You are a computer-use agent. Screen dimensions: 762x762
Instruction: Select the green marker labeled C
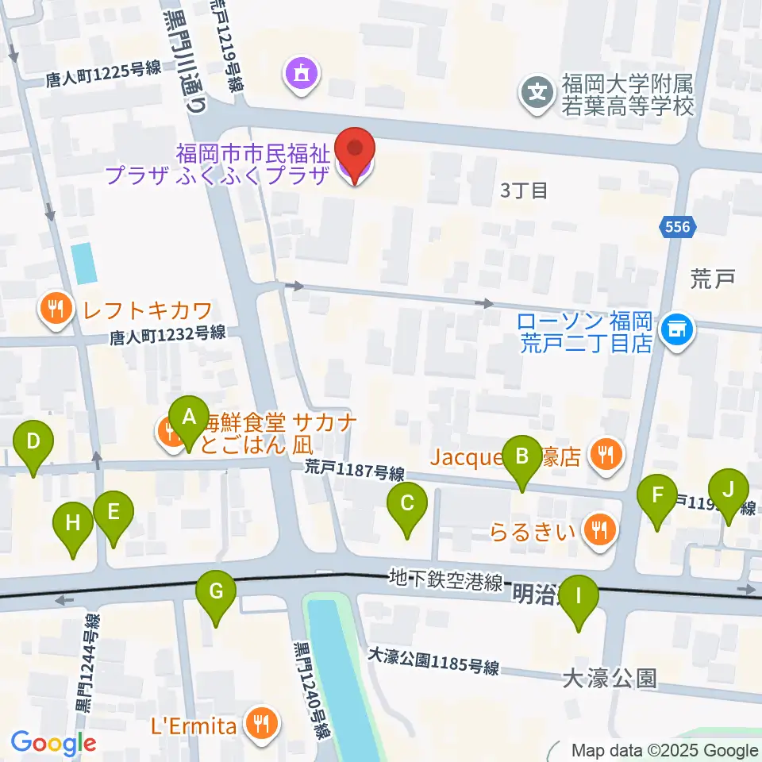[407, 504]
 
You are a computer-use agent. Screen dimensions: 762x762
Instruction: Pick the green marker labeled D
[33, 442]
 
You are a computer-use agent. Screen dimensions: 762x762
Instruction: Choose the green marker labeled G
[217, 593]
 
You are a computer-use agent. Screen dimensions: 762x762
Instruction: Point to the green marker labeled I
[578, 597]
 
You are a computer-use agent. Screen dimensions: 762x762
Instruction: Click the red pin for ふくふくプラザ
[355, 151]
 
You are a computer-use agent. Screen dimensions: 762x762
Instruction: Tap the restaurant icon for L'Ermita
[260, 723]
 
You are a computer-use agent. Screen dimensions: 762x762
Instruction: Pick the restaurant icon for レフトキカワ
[55, 309]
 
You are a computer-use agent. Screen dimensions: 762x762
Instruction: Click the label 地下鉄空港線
[445, 582]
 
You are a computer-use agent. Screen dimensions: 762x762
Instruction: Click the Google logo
[53, 743]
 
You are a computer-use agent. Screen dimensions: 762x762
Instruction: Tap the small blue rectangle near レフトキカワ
[83, 263]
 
